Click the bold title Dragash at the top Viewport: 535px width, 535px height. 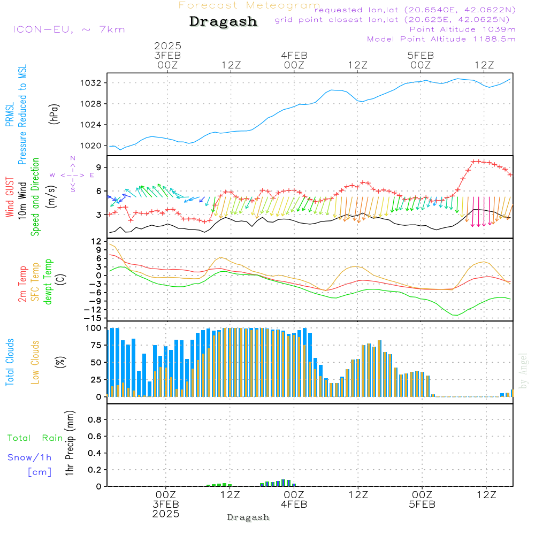pos(223,21)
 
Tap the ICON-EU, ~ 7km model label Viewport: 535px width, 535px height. pos(69,29)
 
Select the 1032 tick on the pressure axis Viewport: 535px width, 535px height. pos(91,83)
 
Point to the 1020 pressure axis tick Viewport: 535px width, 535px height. pos(91,146)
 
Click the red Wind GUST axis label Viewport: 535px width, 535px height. pos(10,197)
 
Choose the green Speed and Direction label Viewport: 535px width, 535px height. pos(35,197)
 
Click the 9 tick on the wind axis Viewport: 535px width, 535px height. pos(99,167)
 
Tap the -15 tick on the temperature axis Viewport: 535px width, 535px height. pos(93,318)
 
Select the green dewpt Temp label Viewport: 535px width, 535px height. pos(48,281)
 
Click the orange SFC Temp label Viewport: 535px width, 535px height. pos(35,281)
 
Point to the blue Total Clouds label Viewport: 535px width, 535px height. pos(10,362)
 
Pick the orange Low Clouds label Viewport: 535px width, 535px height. pos(35,362)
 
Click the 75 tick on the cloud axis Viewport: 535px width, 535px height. pos(96,345)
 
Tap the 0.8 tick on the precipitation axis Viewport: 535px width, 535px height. pos(95,419)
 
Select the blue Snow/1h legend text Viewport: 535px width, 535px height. pos(29,457)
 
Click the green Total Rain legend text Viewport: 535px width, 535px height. pos(35,438)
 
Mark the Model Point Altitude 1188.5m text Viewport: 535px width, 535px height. pos(441,39)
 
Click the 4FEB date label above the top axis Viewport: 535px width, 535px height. pos(294,56)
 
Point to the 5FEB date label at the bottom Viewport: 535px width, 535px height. pos(422,505)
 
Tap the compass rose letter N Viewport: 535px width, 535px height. pos(73,158)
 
